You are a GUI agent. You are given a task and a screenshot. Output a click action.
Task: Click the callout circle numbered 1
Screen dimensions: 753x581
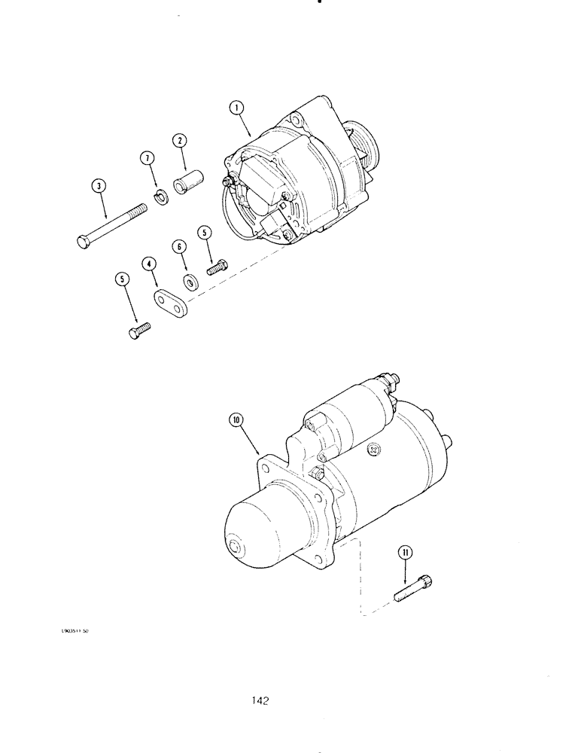(238, 108)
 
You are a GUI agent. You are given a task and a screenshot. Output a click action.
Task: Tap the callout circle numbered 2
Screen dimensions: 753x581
(179, 141)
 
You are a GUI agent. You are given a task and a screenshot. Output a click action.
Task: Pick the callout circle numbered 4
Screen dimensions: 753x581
(150, 265)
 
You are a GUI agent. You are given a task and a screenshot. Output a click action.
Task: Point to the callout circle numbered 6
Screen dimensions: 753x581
(178, 246)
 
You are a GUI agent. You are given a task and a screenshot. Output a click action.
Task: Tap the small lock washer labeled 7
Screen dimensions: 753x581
(160, 198)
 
